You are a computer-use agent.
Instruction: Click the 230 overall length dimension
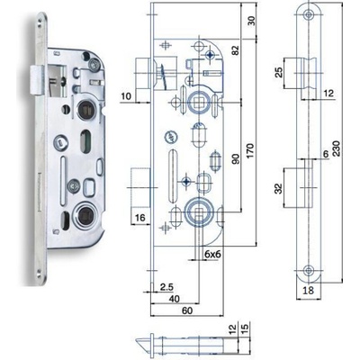click(337, 148)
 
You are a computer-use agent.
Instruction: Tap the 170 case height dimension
click(249, 151)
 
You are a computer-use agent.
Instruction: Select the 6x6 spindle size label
click(212, 255)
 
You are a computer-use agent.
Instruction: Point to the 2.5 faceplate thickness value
click(166, 287)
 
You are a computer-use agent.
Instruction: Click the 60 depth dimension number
click(187, 310)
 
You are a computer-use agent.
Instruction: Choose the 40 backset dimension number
click(174, 299)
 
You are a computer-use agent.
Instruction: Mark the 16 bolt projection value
click(139, 218)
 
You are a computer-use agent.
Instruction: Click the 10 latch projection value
click(126, 96)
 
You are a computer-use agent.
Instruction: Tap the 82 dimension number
click(236, 50)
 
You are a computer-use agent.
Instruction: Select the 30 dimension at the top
click(251, 21)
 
